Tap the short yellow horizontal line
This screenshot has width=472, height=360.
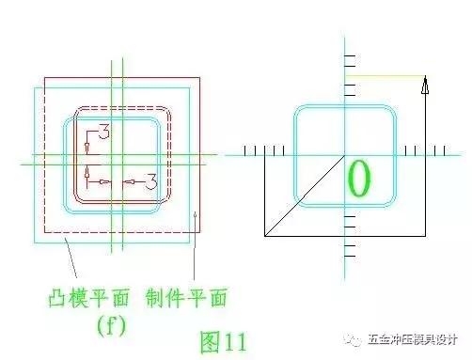386,76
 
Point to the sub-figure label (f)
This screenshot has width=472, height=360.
112,325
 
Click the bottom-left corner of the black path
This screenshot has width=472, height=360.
264,236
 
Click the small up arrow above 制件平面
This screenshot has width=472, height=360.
196,220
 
